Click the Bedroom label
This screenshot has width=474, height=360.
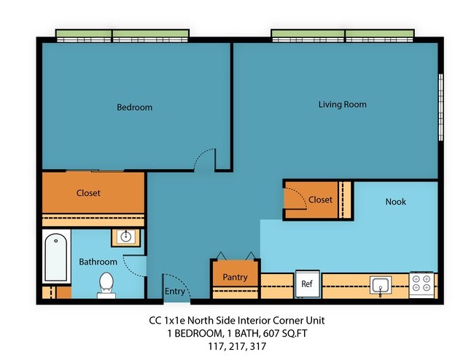[x=135, y=108]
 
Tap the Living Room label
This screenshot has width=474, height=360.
[x=342, y=105]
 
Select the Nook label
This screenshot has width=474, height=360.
[x=395, y=202]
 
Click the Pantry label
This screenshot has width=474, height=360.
[x=235, y=278]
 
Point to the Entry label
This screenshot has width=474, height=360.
[x=175, y=291]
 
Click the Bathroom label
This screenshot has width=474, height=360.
[x=98, y=262]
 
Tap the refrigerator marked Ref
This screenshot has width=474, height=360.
[x=306, y=284]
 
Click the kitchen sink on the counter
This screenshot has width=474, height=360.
[x=379, y=284]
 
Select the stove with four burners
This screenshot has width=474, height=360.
[x=423, y=284]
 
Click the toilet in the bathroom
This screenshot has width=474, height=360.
[x=106, y=285]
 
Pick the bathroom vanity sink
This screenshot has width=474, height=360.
[x=126, y=237]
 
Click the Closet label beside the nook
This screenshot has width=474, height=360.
[x=320, y=200]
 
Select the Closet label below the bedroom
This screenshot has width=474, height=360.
[x=88, y=194]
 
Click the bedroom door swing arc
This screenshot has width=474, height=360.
[x=206, y=157]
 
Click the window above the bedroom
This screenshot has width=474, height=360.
[x=123, y=35]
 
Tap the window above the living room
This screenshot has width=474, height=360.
[x=344, y=35]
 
